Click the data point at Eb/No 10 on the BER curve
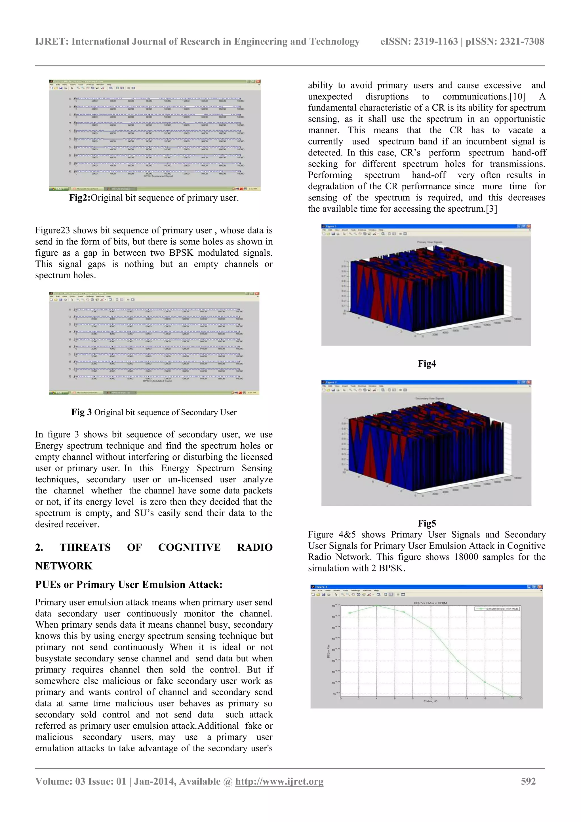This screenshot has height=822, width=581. [431, 628]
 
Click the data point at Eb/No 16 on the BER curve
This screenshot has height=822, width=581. [485, 682]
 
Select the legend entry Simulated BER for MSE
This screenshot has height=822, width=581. [502, 609]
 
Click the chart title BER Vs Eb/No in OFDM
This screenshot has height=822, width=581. [430, 603]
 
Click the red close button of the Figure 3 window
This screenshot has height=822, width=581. [540, 587]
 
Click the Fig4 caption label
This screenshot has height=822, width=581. [427, 364]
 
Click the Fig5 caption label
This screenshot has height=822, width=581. [427, 524]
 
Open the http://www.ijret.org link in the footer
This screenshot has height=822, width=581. [279, 781]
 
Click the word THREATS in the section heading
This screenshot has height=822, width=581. [85, 547]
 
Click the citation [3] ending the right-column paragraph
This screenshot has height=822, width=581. [491, 209]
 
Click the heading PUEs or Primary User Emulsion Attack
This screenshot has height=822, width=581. [129, 585]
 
